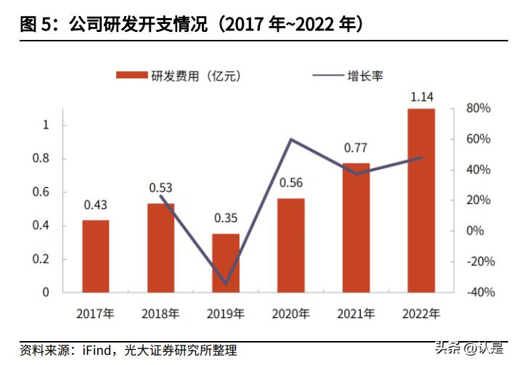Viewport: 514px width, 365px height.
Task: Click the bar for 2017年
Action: tap(96, 256)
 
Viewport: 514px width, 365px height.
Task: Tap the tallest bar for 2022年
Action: tap(421, 200)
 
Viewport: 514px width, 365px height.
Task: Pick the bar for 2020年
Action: tap(291, 245)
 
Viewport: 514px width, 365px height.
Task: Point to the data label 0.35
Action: tap(226, 218)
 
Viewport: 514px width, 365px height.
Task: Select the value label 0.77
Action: tap(356, 148)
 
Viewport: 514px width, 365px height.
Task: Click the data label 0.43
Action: tap(96, 205)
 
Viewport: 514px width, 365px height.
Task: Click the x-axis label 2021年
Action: tap(356, 314)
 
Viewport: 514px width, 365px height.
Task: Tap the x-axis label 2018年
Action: tap(160, 314)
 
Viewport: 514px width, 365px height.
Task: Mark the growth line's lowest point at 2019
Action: tap(226, 284)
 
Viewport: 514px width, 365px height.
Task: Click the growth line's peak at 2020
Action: tap(291, 139)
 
